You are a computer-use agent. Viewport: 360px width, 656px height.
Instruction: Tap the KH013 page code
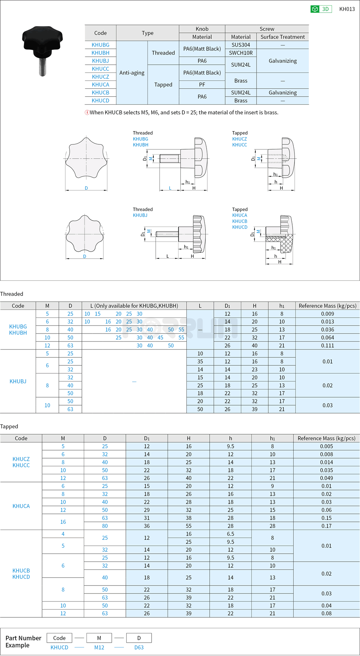pos(347,9)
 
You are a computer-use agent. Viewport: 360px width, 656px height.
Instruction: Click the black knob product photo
pos(42,49)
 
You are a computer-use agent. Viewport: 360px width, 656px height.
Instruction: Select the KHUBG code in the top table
pos(100,45)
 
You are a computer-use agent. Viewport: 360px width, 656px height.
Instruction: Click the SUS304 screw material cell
pos(241,45)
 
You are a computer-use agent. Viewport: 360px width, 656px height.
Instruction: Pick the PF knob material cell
pos(202,85)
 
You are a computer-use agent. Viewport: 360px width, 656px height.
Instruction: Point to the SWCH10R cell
pos(241,53)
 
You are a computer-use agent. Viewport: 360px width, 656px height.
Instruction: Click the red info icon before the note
pos(87,113)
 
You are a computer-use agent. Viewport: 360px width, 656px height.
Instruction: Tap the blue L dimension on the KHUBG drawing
pos(170,188)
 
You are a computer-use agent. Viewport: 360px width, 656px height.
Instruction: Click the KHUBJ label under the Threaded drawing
pos(140,215)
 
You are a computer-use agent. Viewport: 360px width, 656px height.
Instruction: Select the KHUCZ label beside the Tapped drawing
pos(239,139)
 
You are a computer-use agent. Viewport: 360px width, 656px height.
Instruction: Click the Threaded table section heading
pos(12,294)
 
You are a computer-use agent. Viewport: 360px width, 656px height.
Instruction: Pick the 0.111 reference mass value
pos(327,346)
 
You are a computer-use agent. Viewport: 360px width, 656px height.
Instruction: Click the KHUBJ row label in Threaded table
pos(18,381)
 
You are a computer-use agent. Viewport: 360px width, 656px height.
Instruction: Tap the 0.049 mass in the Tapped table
pos(326,478)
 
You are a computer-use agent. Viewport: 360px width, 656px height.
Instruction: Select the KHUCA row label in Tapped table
pos(21,506)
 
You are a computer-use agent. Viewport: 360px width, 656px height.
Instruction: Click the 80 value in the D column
pos(105,526)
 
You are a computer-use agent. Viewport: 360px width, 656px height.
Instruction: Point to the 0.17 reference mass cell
pos(326,526)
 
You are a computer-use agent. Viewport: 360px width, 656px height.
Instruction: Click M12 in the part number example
pos(99,647)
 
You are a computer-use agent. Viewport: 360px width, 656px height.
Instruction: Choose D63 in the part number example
pos(139,647)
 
